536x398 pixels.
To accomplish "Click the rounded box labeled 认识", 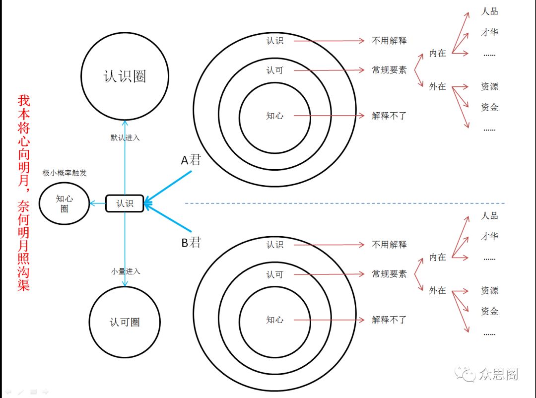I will pos(125,203).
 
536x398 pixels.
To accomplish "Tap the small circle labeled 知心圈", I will pos(65,203).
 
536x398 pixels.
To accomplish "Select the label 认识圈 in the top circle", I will pos(125,76).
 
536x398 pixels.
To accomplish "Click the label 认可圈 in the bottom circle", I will pos(125,322).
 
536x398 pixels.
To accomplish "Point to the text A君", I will pos(191,160).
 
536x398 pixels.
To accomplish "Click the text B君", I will pos(191,243).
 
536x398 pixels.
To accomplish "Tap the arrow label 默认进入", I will pos(125,137).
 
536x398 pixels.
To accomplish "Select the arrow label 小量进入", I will pos(126,271).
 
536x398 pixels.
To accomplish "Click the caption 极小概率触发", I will pos(65,173).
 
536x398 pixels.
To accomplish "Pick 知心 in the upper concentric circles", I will pos(274,116).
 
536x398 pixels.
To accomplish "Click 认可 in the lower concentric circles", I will pos(274,274).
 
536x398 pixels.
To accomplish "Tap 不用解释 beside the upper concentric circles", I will pos(389,41).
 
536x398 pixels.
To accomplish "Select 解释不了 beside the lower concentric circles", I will pos(389,320).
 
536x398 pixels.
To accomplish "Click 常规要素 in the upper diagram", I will pos(389,70).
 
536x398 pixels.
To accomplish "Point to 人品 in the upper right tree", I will pos(489,11).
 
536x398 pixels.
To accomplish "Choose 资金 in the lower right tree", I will pos(489,311).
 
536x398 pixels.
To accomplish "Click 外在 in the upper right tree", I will pos(437,86).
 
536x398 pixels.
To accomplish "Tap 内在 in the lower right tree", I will pos(437,257).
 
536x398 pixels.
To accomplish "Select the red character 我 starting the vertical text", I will pos(24,101).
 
